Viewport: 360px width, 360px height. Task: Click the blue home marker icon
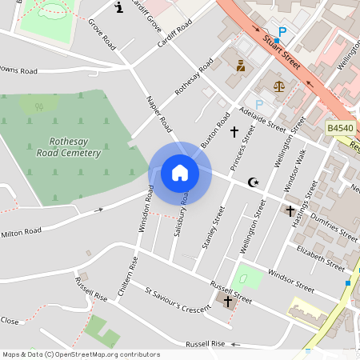coord(180,173)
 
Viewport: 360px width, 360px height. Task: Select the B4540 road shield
coord(339,127)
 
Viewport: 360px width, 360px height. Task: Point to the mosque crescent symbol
coord(254,182)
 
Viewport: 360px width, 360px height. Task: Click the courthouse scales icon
coord(278,86)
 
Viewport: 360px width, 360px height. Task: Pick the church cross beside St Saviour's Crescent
coord(228,302)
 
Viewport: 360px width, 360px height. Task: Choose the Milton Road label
coord(21,232)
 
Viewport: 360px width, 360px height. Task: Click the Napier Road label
coord(159,114)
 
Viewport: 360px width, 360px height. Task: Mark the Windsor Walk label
coord(295,171)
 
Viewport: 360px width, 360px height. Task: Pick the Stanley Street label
coord(214,227)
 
